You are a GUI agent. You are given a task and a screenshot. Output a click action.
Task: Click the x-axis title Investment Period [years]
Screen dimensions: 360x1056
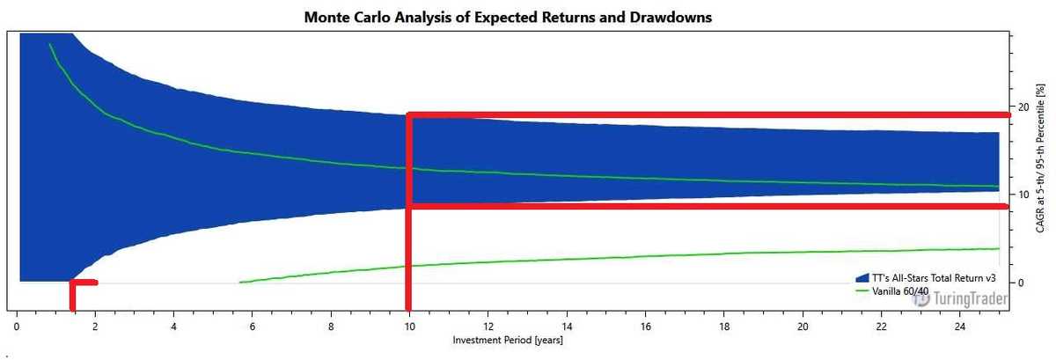(507, 340)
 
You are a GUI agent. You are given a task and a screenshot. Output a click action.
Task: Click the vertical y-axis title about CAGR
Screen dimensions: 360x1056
(1041, 158)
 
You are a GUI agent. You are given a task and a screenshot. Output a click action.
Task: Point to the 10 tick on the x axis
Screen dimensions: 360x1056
(409, 326)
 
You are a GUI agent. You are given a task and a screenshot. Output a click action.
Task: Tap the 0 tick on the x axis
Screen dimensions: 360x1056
(17, 326)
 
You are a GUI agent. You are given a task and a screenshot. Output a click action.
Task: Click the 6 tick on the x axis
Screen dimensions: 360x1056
(252, 326)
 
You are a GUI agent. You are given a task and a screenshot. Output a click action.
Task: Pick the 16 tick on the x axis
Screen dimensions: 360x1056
(645, 326)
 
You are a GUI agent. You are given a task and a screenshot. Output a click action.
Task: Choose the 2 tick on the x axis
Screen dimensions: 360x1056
(95, 326)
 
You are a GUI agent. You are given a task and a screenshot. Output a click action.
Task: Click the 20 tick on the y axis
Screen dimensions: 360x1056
(1023, 107)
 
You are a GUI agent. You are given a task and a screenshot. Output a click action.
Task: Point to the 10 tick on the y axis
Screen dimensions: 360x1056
(1023, 195)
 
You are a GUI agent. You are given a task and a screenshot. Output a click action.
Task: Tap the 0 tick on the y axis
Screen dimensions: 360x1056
(1020, 283)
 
